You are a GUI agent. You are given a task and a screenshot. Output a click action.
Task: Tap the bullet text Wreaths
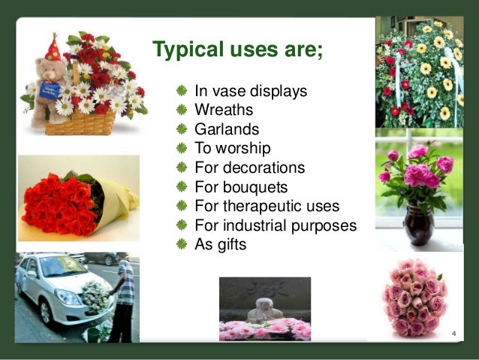[219, 110]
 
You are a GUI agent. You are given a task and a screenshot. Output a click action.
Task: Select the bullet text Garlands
[226, 129]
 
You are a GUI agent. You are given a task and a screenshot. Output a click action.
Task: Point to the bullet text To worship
[232, 147]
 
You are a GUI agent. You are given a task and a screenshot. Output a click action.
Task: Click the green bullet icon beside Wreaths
[181, 110]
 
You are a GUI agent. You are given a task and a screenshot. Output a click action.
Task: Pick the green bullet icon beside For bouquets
[181, 186]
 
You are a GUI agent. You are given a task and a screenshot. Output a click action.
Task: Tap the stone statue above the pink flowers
[261, 310]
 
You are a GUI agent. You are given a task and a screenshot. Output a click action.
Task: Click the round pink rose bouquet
[414, 298]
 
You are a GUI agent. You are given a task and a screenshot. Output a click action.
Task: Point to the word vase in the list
[226, 91]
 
